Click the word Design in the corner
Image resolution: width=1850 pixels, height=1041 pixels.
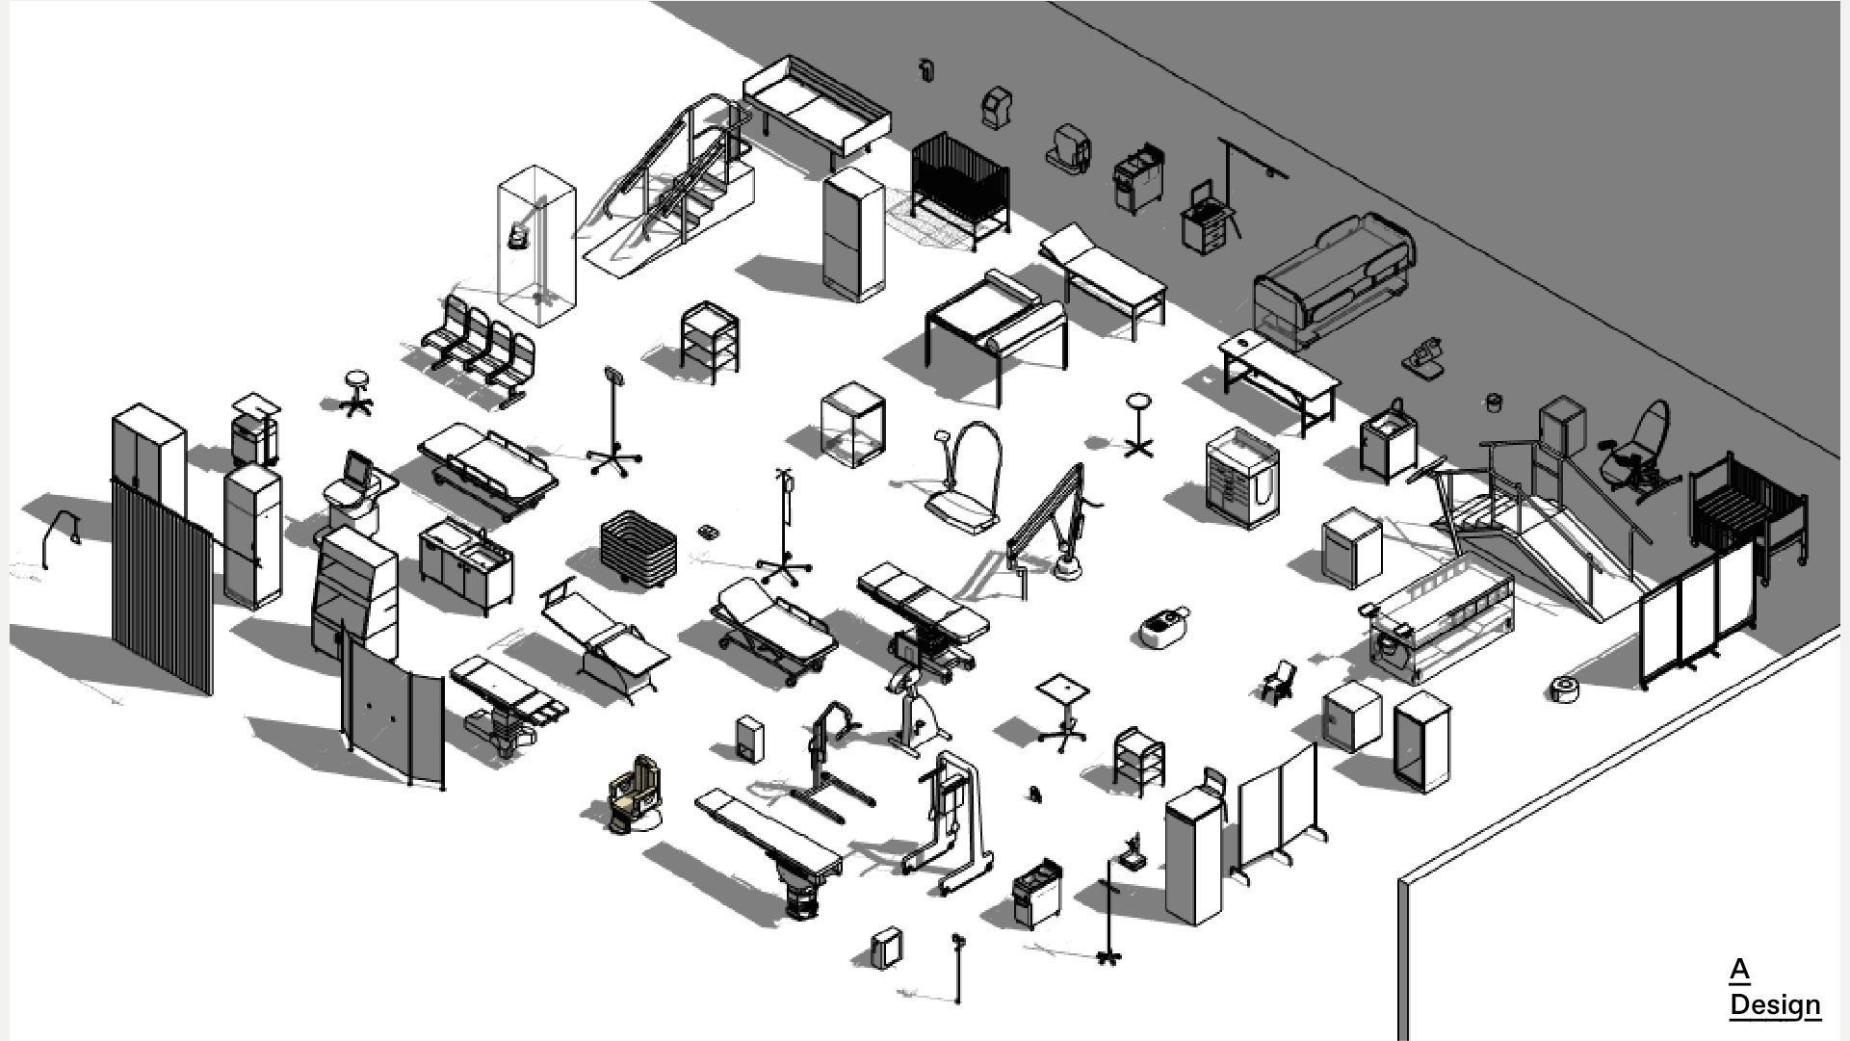[1774, 1004]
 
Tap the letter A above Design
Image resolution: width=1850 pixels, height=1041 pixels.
[1739, 970]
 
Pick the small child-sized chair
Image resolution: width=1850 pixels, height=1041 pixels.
[1278, 681]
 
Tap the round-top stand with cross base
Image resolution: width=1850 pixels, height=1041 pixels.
[1138, 424]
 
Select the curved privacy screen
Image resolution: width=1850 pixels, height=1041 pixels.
[393, 713]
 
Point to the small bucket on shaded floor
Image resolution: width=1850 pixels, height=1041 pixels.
[1494, 402]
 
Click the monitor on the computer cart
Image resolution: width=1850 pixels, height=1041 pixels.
[358, 470]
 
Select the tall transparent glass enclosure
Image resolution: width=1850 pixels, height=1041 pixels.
[536, 246]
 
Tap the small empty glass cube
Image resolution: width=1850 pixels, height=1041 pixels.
[852, 424]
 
